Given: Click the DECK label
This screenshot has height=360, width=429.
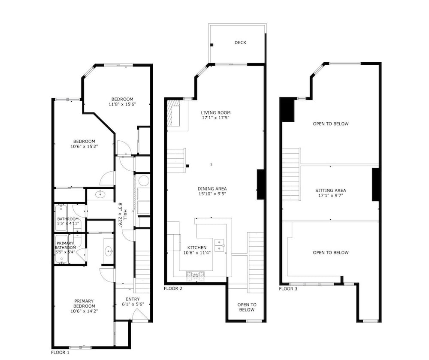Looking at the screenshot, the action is [240, 42].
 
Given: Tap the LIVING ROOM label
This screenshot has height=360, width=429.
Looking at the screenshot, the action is [216, 112].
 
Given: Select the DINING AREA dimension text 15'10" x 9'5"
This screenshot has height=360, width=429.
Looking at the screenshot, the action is [212, 194].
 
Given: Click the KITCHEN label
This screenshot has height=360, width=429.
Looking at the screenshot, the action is [197, 248].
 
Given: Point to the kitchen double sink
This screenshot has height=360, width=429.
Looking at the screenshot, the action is [219, 245].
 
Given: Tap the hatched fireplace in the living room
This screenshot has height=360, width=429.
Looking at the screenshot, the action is [173, 113].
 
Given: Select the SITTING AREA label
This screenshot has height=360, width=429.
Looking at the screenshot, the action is [330, 191].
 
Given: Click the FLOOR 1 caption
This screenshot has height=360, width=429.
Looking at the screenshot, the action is [60, 352].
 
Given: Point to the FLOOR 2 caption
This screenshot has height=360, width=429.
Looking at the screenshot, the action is [173, 288].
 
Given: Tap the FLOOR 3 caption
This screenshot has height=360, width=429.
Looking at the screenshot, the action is [288, 289].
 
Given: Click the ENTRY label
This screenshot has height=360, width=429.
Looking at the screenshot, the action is [133, 299].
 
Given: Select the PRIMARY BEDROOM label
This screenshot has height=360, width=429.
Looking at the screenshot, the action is [84, 303].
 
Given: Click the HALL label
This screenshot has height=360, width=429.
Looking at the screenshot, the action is [125, 215].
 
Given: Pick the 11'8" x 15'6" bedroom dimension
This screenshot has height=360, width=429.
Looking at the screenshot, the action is [122, 104].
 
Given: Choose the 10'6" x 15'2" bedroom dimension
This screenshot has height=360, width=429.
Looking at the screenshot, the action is [84, 146].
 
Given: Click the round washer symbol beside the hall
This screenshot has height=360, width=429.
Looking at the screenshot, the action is [144, 181].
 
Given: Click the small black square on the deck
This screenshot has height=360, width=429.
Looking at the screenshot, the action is [211, 45].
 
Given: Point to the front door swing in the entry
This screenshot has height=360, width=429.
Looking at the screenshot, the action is [139, 314].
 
